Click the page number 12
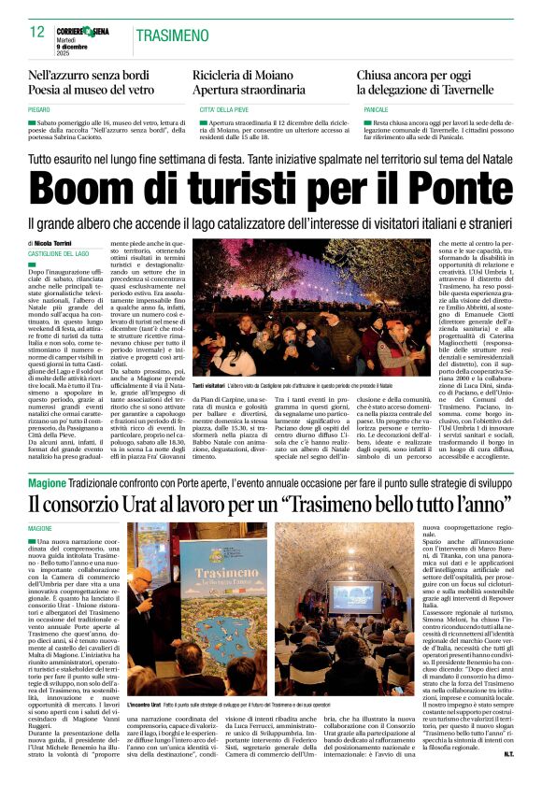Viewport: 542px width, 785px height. (37, 32)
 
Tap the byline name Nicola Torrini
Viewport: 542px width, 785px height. (60, 243)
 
